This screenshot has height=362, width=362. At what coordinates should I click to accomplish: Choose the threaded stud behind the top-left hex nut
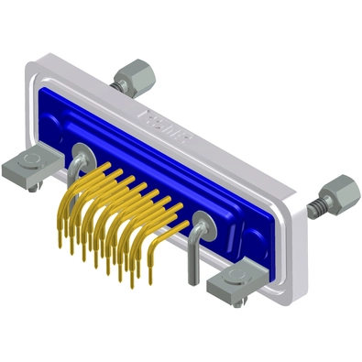116,82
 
